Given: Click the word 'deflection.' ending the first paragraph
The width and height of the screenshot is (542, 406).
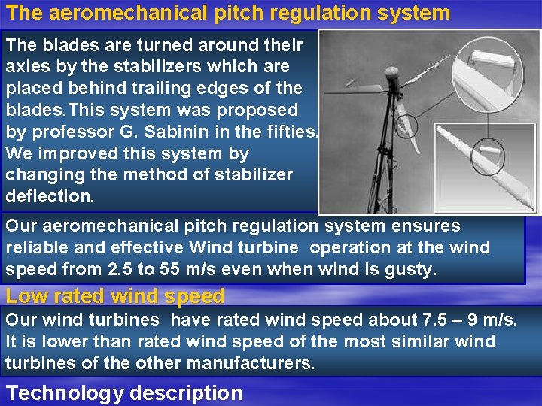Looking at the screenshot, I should pyautogui.click(x=48, y=196).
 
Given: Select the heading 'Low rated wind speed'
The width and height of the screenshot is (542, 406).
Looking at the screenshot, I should pyautogui.click(x=114, y=296).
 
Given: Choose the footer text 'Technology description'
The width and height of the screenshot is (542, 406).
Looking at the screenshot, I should pyautogui.click(x=124, y=393).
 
